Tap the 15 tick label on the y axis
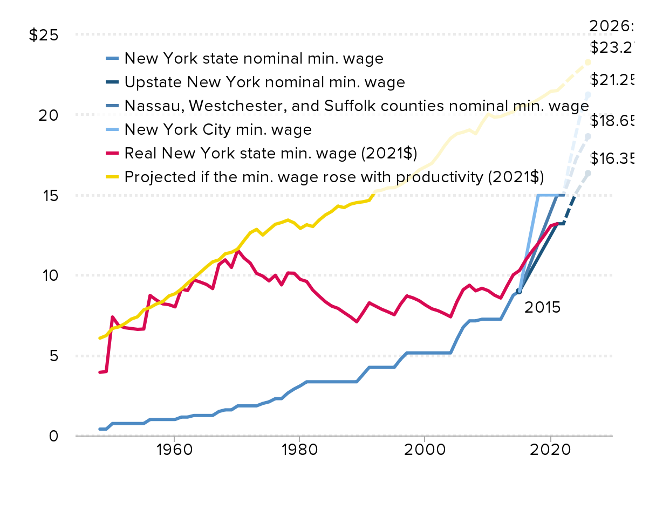tap(48, 195)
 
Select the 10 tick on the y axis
tap(48, 275)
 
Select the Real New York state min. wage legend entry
tap(270, 153)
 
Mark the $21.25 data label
tap(612, 80)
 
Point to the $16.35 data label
tap(612, 159)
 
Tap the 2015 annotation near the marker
tap(543, 308)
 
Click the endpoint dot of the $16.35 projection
tap(588, 173)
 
